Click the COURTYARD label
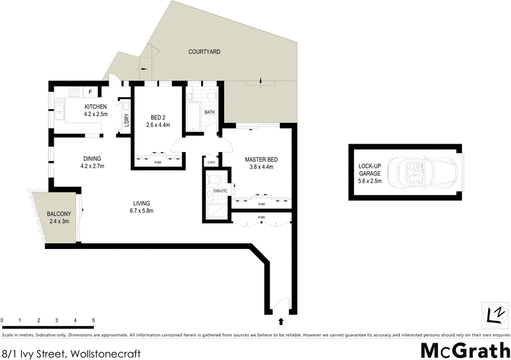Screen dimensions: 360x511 (x=204, y=51)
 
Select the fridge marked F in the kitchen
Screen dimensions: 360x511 (x=91, y=91)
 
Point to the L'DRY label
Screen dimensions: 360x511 (x=127, y=119)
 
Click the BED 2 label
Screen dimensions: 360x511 (x=158, y=117)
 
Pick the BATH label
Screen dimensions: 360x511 (x=210, y=112)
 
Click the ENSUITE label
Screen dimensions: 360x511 (x=221, y=190)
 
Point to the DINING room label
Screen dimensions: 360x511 (x=93, y=158)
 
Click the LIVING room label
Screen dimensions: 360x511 (x=141, y=203)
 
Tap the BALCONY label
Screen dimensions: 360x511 (x=59, y=214)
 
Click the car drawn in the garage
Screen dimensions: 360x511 (x=422, y=172)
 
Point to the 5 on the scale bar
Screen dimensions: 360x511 (x=93, y=320)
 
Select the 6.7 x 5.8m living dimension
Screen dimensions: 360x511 (x=141, y=211)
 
